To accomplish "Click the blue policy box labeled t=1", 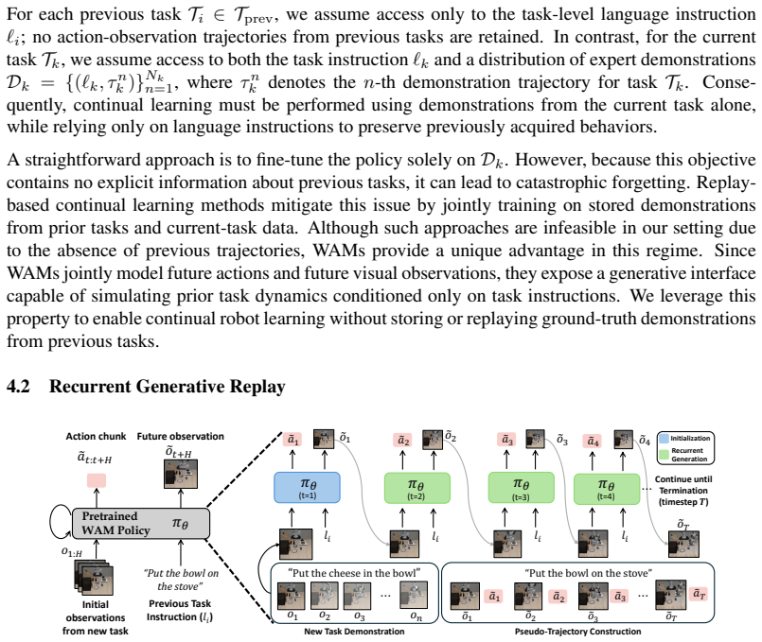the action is [x=307, y=487].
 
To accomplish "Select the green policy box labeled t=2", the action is [x=416, y=488].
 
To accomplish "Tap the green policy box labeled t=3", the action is [x=521, y=488].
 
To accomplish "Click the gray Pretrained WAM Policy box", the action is [x=141, y=523].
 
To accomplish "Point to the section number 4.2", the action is [x=18, y=387].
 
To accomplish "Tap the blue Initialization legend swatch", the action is [x=664, y=439].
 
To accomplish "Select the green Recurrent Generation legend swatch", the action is [x=664, y=455].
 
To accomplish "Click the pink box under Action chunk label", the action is [x=97, y=480].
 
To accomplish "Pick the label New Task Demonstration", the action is [x=354, y=632].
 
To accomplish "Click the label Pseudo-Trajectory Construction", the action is [x=577, y=632].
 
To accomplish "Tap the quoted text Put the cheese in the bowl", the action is [x=354, y=573].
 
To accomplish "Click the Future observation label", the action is [x=180, y=436].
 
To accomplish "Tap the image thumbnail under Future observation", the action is [x=181, y=474].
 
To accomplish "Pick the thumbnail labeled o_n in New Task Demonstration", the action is [x=414, y=595].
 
